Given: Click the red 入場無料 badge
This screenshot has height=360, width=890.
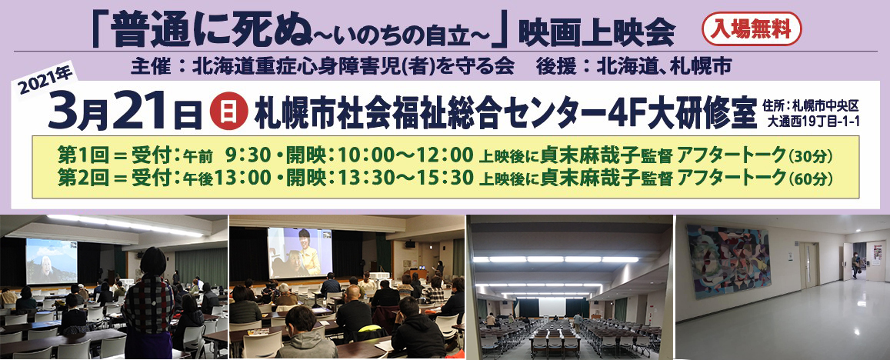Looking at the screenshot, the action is pyautogui.click(x=752, y=29).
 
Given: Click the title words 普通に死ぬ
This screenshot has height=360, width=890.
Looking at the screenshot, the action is pyautogui.click(x=210, y=28).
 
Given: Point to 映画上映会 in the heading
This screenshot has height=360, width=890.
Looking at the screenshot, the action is pyautogui.click(x=596, y=32).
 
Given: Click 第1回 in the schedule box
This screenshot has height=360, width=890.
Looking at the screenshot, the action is pyautogui.click(x=78, y=155).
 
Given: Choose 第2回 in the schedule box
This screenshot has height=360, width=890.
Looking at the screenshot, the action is pyautogui.click(x=78, y=178).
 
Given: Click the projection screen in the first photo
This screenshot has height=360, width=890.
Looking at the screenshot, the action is pyautogui.click(x=52, y=261).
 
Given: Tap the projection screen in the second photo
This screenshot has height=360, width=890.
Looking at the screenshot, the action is pyautogui.click(x=300, y=252).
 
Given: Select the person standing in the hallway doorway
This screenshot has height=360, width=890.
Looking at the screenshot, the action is pyautogui.click(x=855, y=265).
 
